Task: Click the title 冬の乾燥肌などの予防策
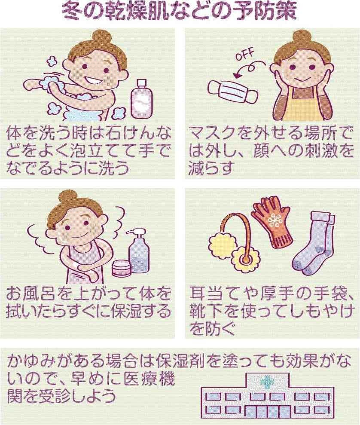click(x=179, y=11)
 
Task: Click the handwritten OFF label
click(x=244, y=55)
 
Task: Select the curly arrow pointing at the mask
click(x=249, y=68)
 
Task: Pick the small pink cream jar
click(x=121, y=267)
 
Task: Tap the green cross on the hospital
click(x=266, y=382)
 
